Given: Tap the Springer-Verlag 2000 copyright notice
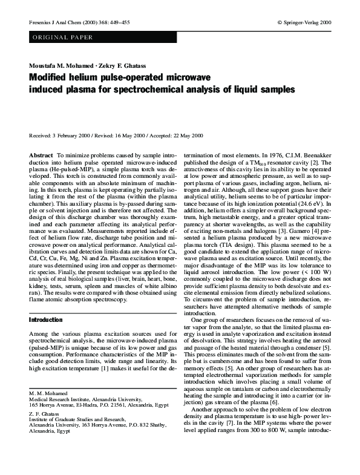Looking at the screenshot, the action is (304, 22).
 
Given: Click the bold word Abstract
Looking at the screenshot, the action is (41, 156).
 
